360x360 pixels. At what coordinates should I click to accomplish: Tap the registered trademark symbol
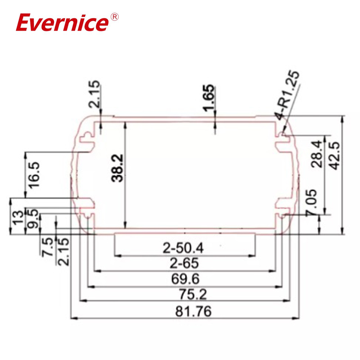(114, 17)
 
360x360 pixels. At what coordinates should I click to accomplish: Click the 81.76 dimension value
(185, 311)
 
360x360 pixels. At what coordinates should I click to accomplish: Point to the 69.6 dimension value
(185, 279)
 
